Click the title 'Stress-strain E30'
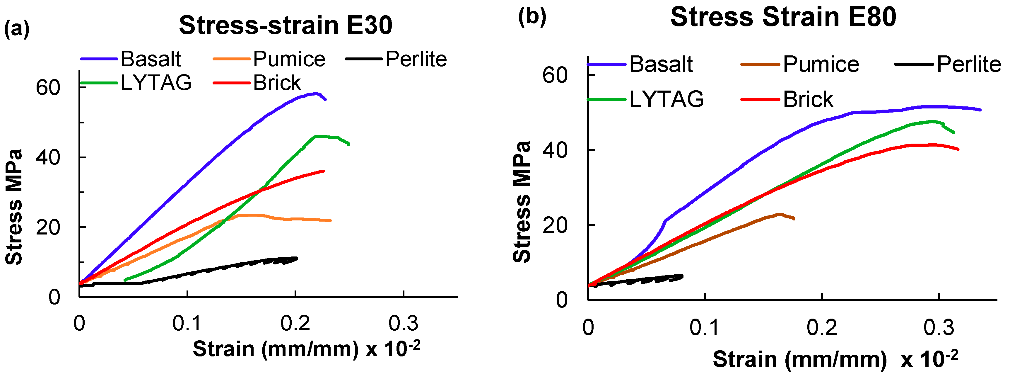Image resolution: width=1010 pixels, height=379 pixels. click(x=286, y=26)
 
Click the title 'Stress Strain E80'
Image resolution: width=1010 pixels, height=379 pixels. click(x=783, y=18)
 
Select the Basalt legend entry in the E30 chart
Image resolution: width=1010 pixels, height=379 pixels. click(x=151, y=59)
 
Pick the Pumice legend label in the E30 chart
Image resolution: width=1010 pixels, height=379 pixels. click(x=289, y=59)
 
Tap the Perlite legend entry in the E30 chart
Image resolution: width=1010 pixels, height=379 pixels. click(x=416, y=59)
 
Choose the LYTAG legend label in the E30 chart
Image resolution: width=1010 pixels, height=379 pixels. click(x=156, y=83)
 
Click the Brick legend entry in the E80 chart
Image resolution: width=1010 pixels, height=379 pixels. click(x=808, y=99)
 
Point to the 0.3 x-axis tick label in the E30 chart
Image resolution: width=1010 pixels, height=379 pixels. click(x=404, y=323)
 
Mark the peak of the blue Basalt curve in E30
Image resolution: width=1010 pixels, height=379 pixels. click(x=316, y=94)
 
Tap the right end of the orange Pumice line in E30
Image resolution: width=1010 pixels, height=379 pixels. click(x=331, y=220)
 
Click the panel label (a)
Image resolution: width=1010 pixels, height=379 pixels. click(x=16, y=29)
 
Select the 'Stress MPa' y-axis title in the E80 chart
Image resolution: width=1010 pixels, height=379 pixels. click(x=522, y=201)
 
